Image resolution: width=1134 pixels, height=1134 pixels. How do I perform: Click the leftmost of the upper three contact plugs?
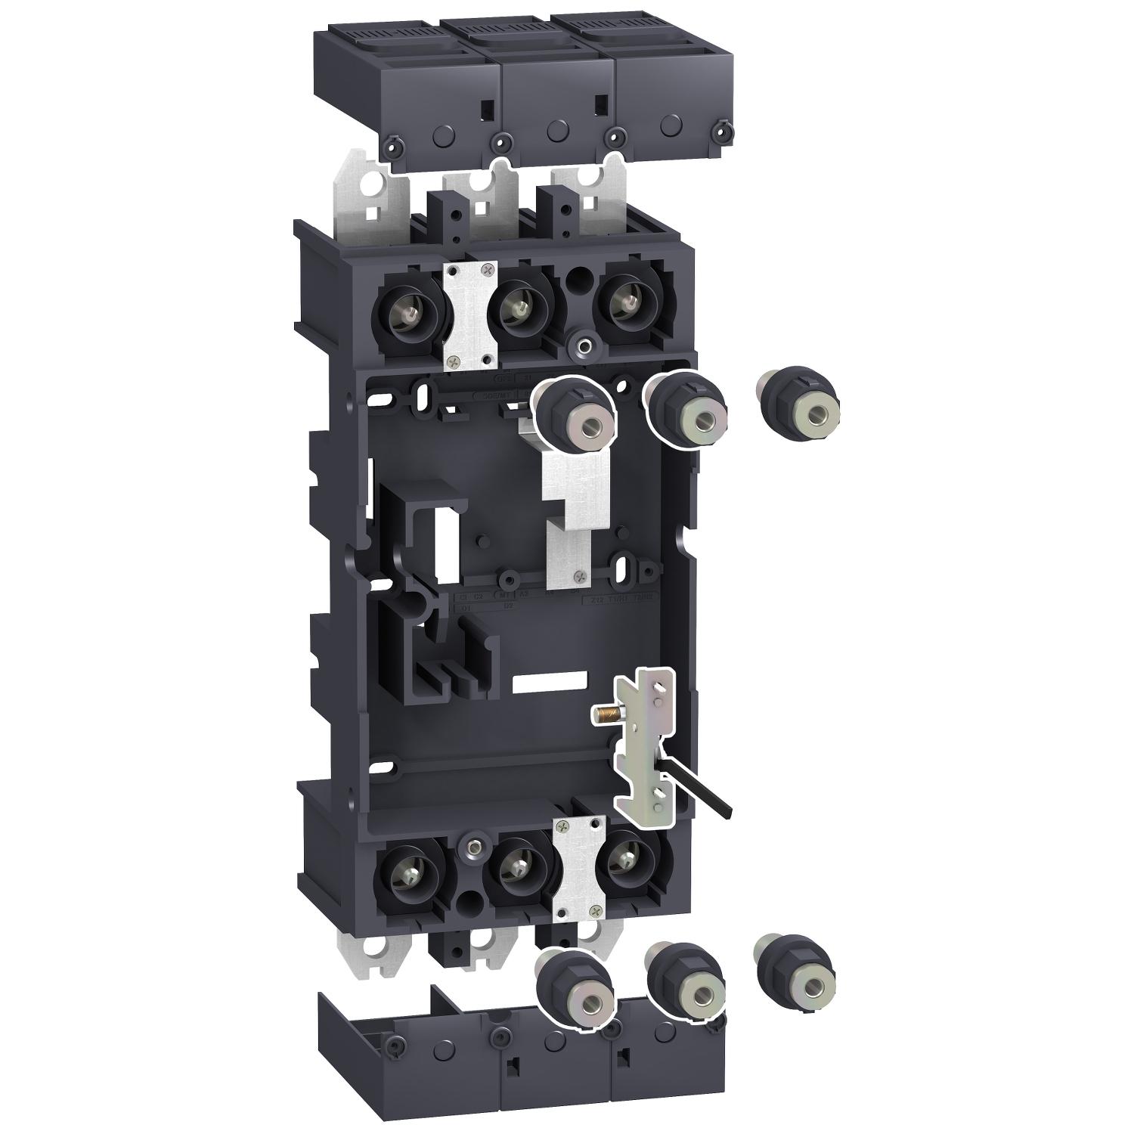pos(576,413)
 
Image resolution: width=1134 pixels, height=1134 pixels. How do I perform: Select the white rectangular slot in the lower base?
pos(549,682)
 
